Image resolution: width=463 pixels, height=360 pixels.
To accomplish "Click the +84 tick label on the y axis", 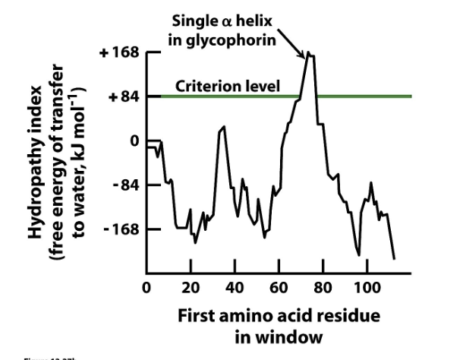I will (x=119, y=97).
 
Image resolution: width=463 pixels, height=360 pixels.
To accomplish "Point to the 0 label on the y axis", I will (x=134, y=141).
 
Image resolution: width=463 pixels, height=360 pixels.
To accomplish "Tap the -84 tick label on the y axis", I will (x=120, y=185).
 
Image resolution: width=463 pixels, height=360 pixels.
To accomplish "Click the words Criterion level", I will (x=228, y=86).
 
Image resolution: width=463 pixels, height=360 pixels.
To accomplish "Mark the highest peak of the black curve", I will (x=308, y=53).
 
